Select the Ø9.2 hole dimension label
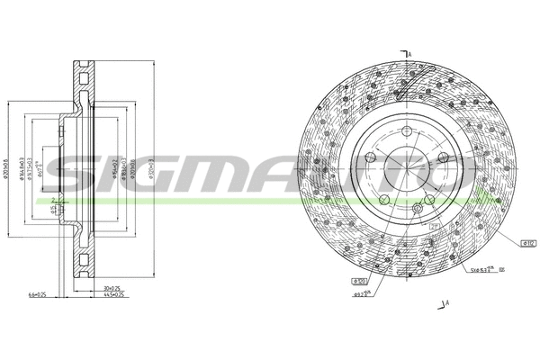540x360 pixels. point(361,292)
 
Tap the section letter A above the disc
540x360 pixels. point(409,55)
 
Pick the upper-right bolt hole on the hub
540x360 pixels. point(443,159)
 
